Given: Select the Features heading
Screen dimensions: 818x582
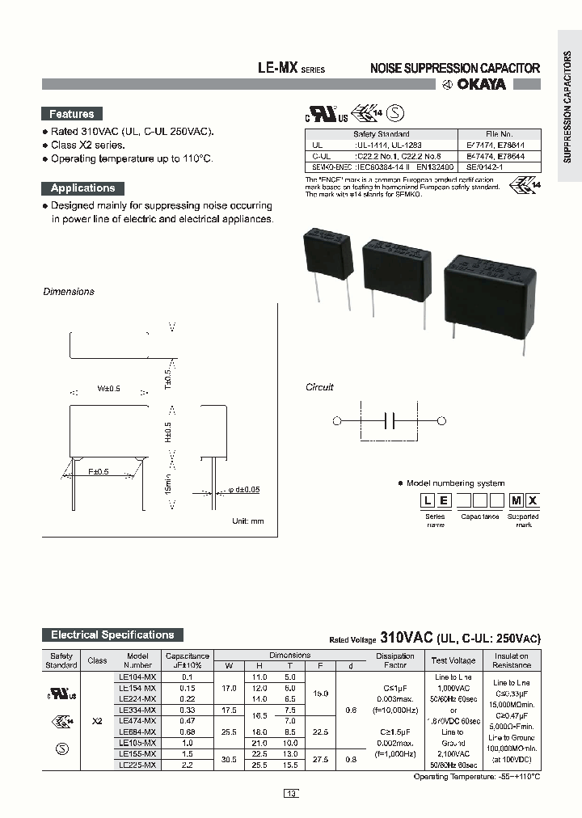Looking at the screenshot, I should (72, 114).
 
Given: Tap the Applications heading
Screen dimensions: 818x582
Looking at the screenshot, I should (82, 188).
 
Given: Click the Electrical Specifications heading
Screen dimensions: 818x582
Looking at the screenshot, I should (112, 635).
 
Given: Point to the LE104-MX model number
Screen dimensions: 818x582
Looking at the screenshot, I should (137, 676).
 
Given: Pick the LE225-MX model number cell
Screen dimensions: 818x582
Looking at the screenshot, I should (137, 764).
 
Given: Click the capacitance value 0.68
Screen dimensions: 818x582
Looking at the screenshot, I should (187, 732).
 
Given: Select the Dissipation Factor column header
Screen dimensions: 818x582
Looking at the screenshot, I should (395, 660).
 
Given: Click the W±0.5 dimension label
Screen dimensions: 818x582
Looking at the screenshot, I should (108, 389).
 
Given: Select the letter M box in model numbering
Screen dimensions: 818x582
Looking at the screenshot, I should (515, 500).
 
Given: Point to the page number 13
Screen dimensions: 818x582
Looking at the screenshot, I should (291, 793).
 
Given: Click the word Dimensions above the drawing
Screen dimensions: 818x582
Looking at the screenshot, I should (69, 292).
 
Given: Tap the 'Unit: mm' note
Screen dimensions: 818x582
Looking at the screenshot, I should (248, 521).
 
